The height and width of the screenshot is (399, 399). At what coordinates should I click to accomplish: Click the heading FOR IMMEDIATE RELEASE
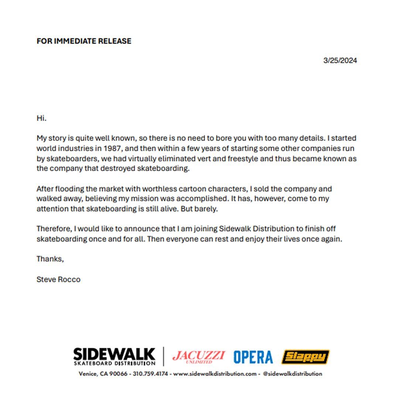[x=84, y=41]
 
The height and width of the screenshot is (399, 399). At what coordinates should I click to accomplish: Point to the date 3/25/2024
[x=340, y=61]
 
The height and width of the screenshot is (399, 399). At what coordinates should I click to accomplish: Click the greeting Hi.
[x=41, y=118]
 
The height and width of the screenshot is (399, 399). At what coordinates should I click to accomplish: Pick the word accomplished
[x=199, y=198]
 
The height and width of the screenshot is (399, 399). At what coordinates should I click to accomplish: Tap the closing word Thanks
[x=50, y=259]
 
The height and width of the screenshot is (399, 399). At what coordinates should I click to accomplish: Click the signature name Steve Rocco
[x=58, y=279]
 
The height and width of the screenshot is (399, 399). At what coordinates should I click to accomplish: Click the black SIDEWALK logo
[x=114, y=356]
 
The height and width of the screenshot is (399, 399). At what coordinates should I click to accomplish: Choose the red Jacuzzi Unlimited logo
[x=198, y=357]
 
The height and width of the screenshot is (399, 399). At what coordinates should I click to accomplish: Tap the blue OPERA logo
[x=253, y=357]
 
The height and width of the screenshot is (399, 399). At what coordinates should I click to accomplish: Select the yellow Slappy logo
[x=305, y=357]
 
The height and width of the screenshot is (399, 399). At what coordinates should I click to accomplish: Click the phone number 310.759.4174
[x=150, y=374]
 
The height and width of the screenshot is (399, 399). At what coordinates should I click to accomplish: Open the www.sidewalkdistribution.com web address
[x=215, y=374]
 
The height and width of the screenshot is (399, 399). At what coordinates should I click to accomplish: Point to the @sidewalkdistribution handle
[x=292, y=374]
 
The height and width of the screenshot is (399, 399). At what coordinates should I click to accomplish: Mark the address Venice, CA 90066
[x=103, y=374]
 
